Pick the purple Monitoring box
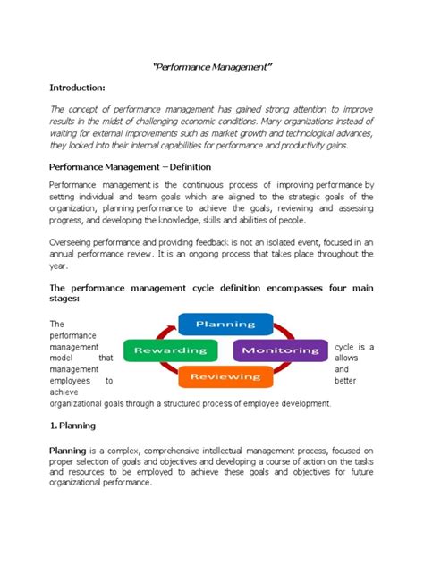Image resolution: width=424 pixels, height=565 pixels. pos(281,350)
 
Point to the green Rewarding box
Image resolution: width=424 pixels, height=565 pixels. pos(170,350)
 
